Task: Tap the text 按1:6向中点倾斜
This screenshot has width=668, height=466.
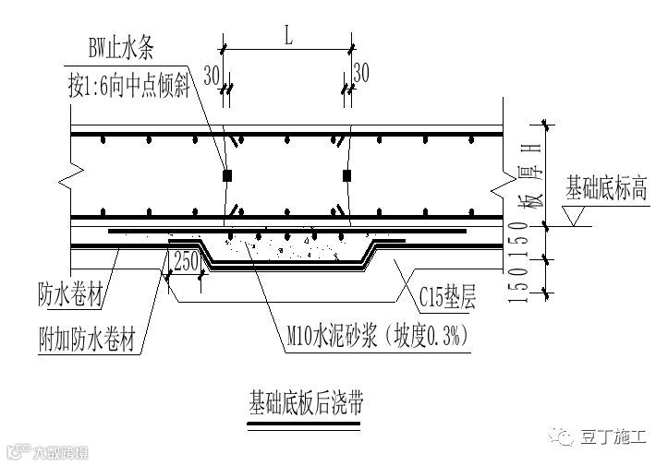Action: coord(134,85)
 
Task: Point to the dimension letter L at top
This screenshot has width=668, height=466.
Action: coord(288,37)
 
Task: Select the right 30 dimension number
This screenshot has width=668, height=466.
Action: coord(361,72)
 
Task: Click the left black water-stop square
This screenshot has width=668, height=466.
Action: coord(226,174)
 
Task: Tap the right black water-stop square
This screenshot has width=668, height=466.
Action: coord(346,174)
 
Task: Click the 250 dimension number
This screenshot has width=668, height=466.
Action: coord(186,261)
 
